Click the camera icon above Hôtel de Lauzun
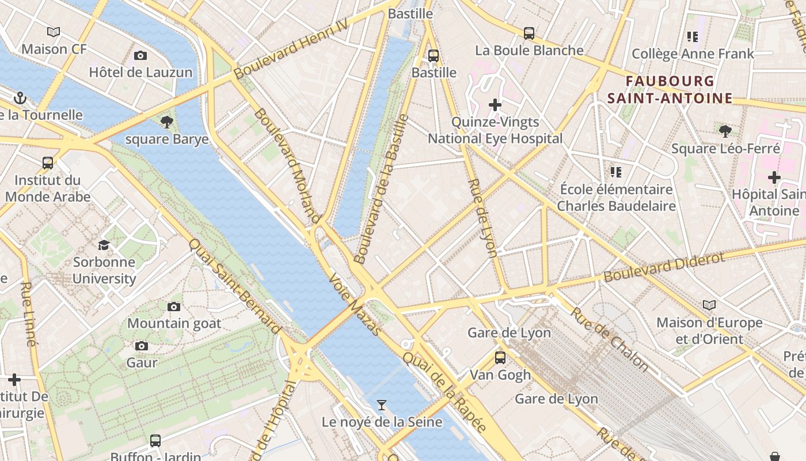(x=140, y=56)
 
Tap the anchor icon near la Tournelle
(x=20, y=98)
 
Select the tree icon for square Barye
(x=167, y=122)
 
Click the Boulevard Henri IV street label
(x=291, y=48)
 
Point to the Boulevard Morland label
(x=287, y=165)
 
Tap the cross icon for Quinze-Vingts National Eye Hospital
(x=495, y=105)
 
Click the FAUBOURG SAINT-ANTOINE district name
(x=670, y=89)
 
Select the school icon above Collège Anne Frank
(x=693, y=37)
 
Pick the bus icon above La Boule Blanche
(x=529, y=33)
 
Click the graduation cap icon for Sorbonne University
(x=104, y=245)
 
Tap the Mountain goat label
(x=174, y=323)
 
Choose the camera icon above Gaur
(x=142, y=346)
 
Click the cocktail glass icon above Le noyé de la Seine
(x=381, y=405)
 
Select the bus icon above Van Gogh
(x=500, y=357)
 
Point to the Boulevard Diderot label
(x=664, y=267)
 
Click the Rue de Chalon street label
(x=610, y=339)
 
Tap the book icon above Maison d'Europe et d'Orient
(x=709, y=305)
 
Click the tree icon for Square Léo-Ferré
(x=725, y=131)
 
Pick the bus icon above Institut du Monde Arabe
(x=48, y=163)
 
